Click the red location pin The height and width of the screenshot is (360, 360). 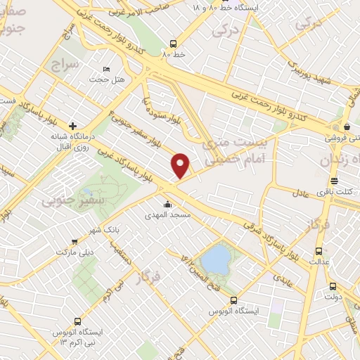click(181, 165)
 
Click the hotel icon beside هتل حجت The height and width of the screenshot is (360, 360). click(107, 69)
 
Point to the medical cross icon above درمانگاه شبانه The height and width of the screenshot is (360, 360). click(73, 125)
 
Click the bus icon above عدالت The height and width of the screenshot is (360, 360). click(319, 250)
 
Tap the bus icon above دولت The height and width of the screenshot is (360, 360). click(333, 286)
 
